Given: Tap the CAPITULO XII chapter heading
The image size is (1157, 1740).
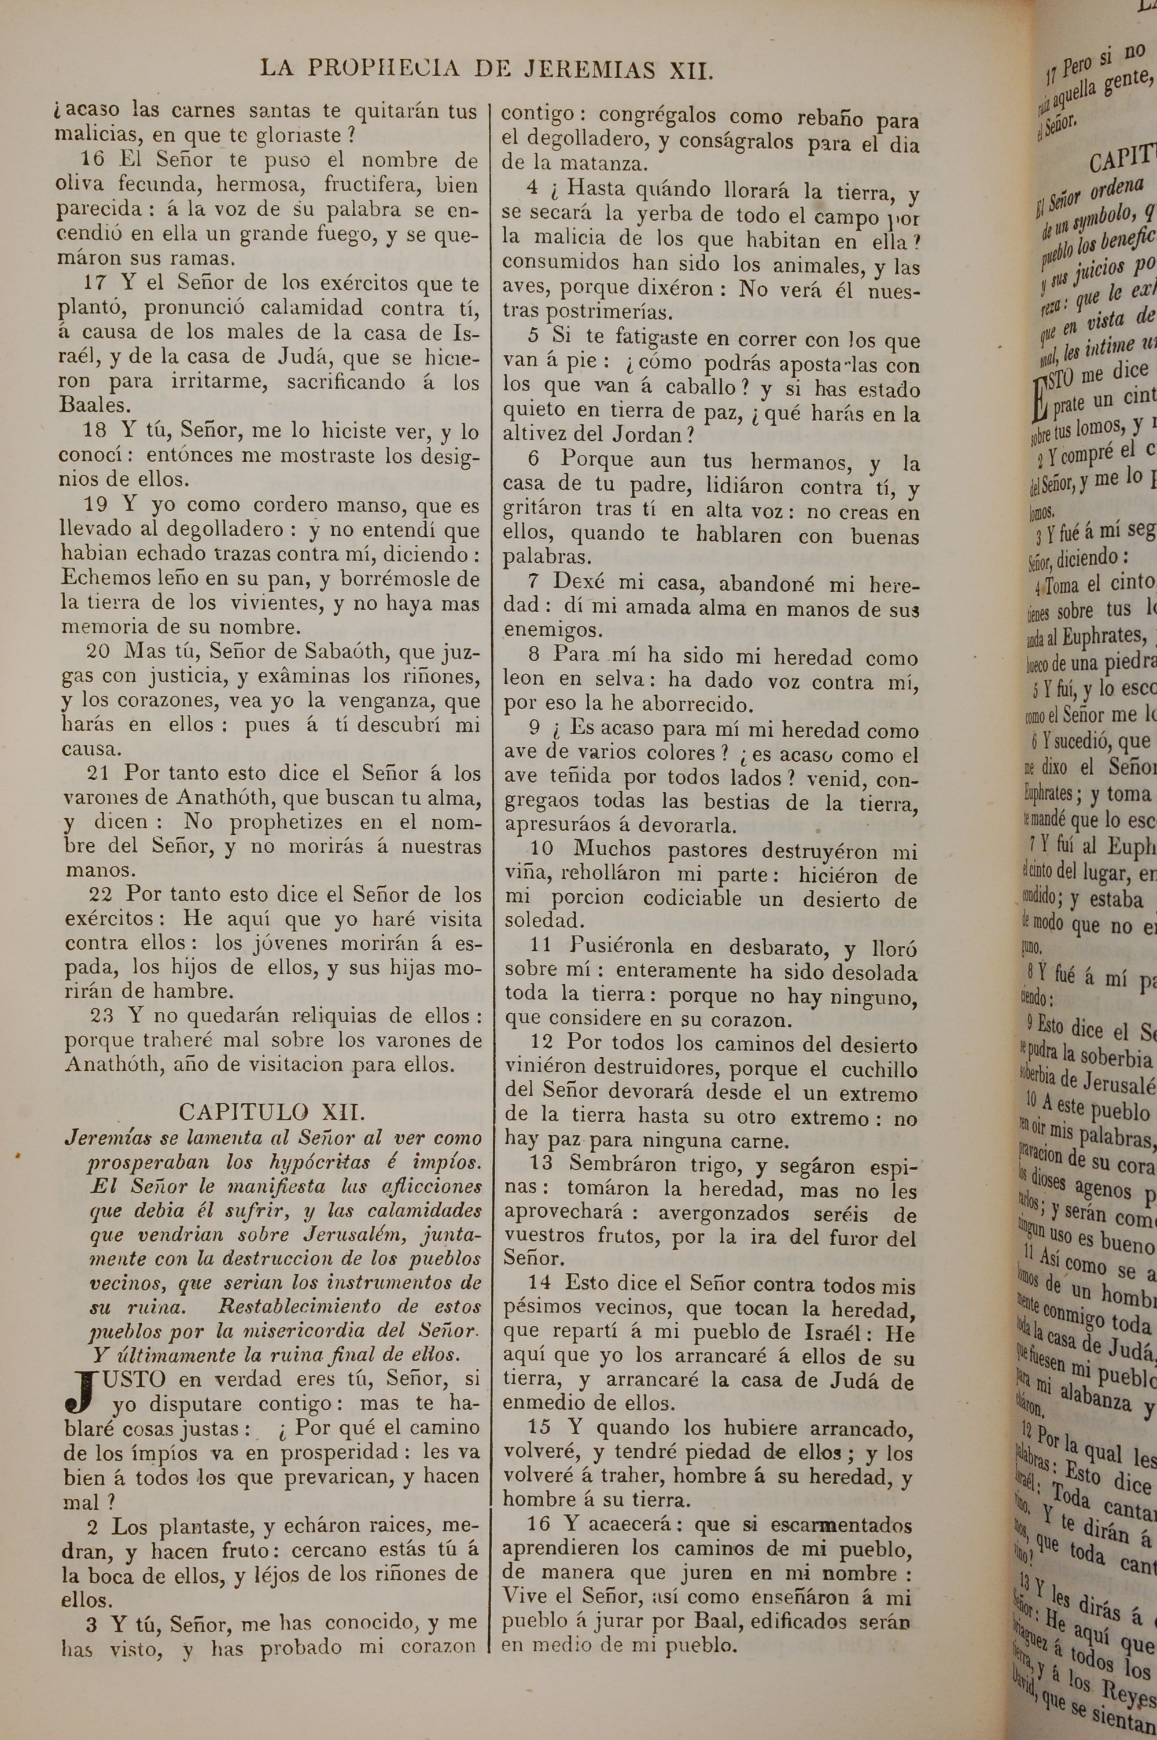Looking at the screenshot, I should tap(271, 1112).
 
